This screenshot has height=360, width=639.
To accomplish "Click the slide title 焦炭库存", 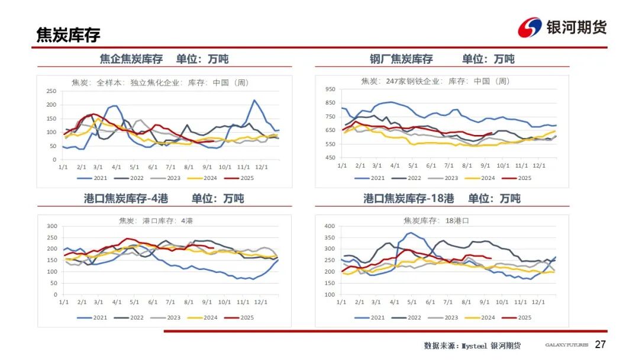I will pos(68,35).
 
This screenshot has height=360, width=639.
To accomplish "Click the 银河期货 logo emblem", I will pos(530,27).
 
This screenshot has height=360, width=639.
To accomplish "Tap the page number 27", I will pos(601,345).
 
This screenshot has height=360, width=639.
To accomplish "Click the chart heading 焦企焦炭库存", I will pos(131,59).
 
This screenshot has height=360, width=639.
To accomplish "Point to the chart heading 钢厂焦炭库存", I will pos(401,59).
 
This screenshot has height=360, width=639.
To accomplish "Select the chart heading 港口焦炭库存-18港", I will pos(409,198).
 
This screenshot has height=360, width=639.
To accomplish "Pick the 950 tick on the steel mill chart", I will pos(330,89).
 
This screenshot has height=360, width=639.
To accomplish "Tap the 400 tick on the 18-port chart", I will pos(330,226).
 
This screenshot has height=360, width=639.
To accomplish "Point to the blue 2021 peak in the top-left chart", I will pos(254,101).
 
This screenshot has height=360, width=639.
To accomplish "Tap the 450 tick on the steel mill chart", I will pos(330,157).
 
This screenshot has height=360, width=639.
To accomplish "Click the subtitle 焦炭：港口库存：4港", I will pos(156,220).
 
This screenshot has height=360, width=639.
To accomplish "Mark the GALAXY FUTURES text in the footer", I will pos(566,345).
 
